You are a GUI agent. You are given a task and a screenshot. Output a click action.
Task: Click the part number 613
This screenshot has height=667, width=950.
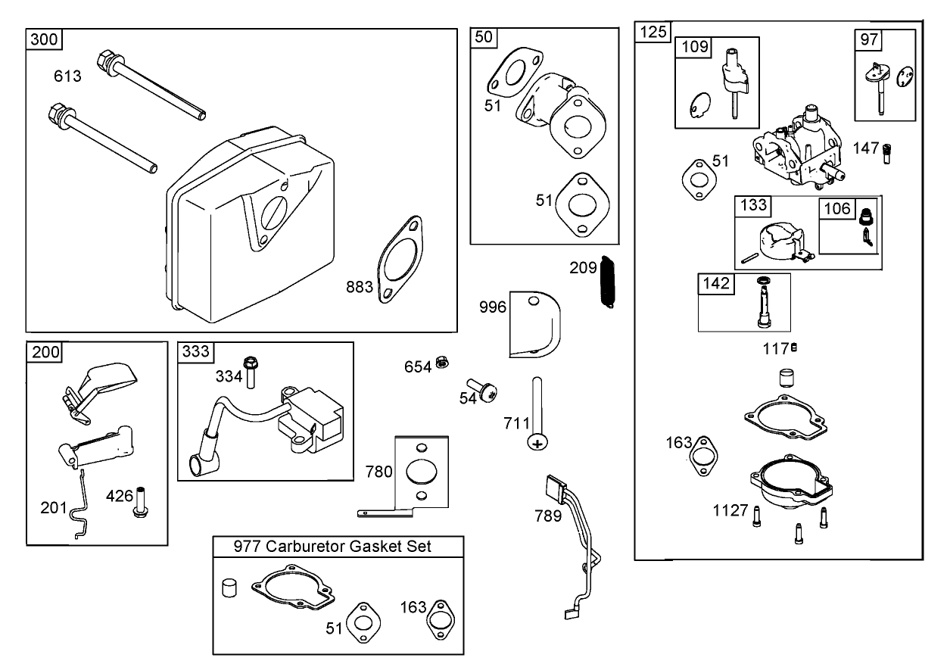click(67, 76)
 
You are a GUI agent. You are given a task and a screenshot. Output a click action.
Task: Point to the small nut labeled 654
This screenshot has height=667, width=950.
click(444, 366)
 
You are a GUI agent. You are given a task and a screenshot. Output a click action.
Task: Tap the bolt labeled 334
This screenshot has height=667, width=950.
click(251, 370)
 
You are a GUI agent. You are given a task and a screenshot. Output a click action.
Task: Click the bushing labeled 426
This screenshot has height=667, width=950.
click(140, 503)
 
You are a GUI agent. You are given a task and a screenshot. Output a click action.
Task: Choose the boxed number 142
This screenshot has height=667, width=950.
click(715, 283)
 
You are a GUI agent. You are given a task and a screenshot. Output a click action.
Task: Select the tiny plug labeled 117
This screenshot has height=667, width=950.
click(794, 348)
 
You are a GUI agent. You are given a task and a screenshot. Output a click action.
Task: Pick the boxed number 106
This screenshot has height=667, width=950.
click(836, 208)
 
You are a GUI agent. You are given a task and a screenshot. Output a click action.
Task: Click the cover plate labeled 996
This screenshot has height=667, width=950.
click(534, 323)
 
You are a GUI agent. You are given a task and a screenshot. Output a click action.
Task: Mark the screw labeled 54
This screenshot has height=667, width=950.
click(480, 391)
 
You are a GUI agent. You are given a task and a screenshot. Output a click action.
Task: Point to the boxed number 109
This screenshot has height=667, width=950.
click(694, 47)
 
